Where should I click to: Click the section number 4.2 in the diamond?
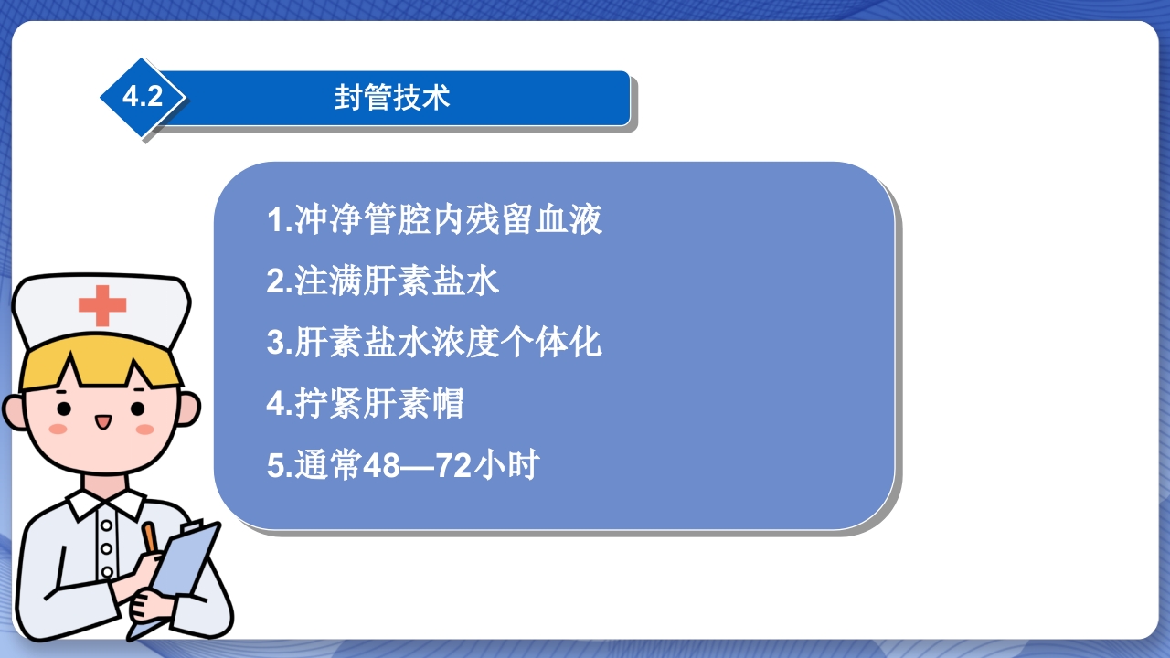[x=142, y=97]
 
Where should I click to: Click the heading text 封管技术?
[x=392, y=98]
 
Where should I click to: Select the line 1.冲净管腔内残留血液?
[x=434, y=220]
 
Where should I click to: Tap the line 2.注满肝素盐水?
[x=383, y=281]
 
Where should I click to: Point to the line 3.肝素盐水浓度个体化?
[x=434, y=343]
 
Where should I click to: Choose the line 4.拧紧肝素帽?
[x=366, y=404]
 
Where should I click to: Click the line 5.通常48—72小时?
[x=402, y=466]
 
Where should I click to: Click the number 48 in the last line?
[x=382, y=466]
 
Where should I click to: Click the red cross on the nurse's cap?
[x=101, y=304]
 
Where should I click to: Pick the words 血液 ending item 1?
[x=569, y=220]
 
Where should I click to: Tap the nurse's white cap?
[x=101, y=311]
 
